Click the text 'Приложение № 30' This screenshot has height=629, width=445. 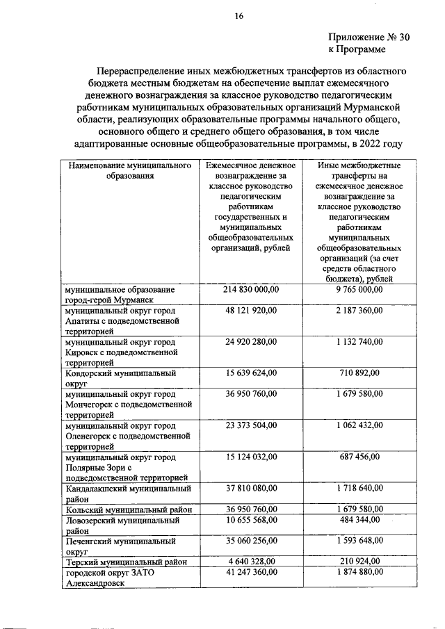coord(369,39)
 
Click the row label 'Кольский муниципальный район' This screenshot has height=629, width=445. coord(127,509)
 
